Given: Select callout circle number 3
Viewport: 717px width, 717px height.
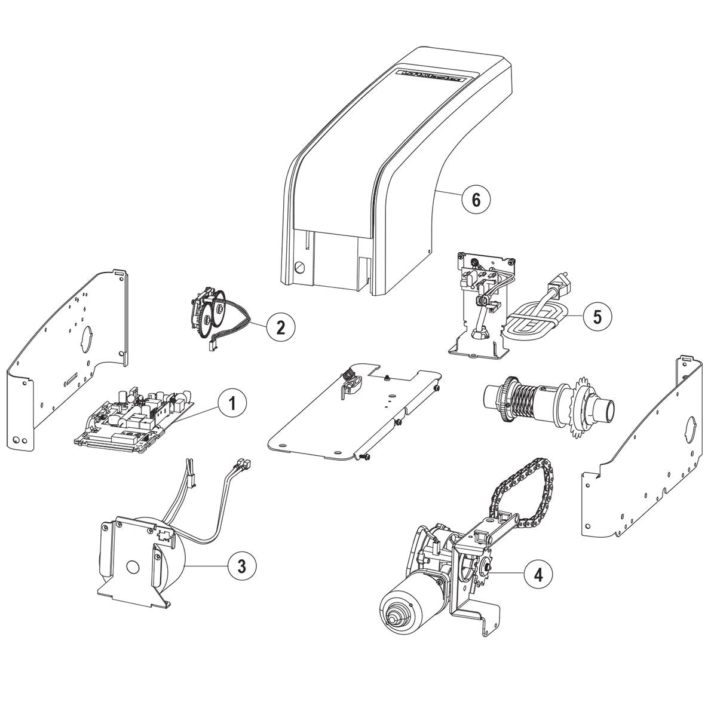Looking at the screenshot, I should (241, 565).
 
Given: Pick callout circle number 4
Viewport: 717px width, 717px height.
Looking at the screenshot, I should (538, 574).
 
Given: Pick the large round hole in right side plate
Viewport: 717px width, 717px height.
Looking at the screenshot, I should (692, 430).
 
